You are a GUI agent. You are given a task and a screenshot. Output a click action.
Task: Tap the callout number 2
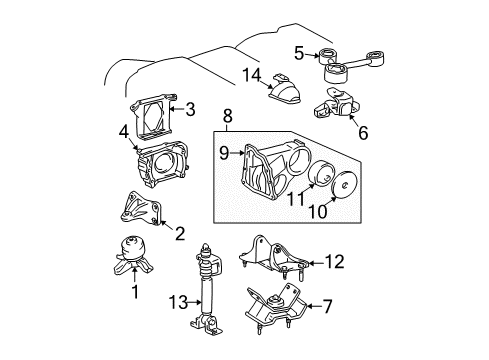point(181,235)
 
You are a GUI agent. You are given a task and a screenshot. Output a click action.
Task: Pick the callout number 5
point(298,51)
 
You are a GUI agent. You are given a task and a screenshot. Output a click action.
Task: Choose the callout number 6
point(363,131)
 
